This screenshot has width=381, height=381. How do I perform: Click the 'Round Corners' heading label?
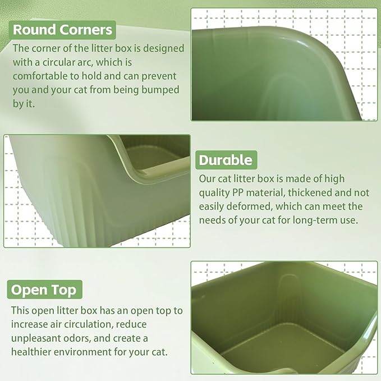click(x=62, y=29)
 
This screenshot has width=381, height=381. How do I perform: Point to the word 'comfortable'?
click(x=41, y=75)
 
